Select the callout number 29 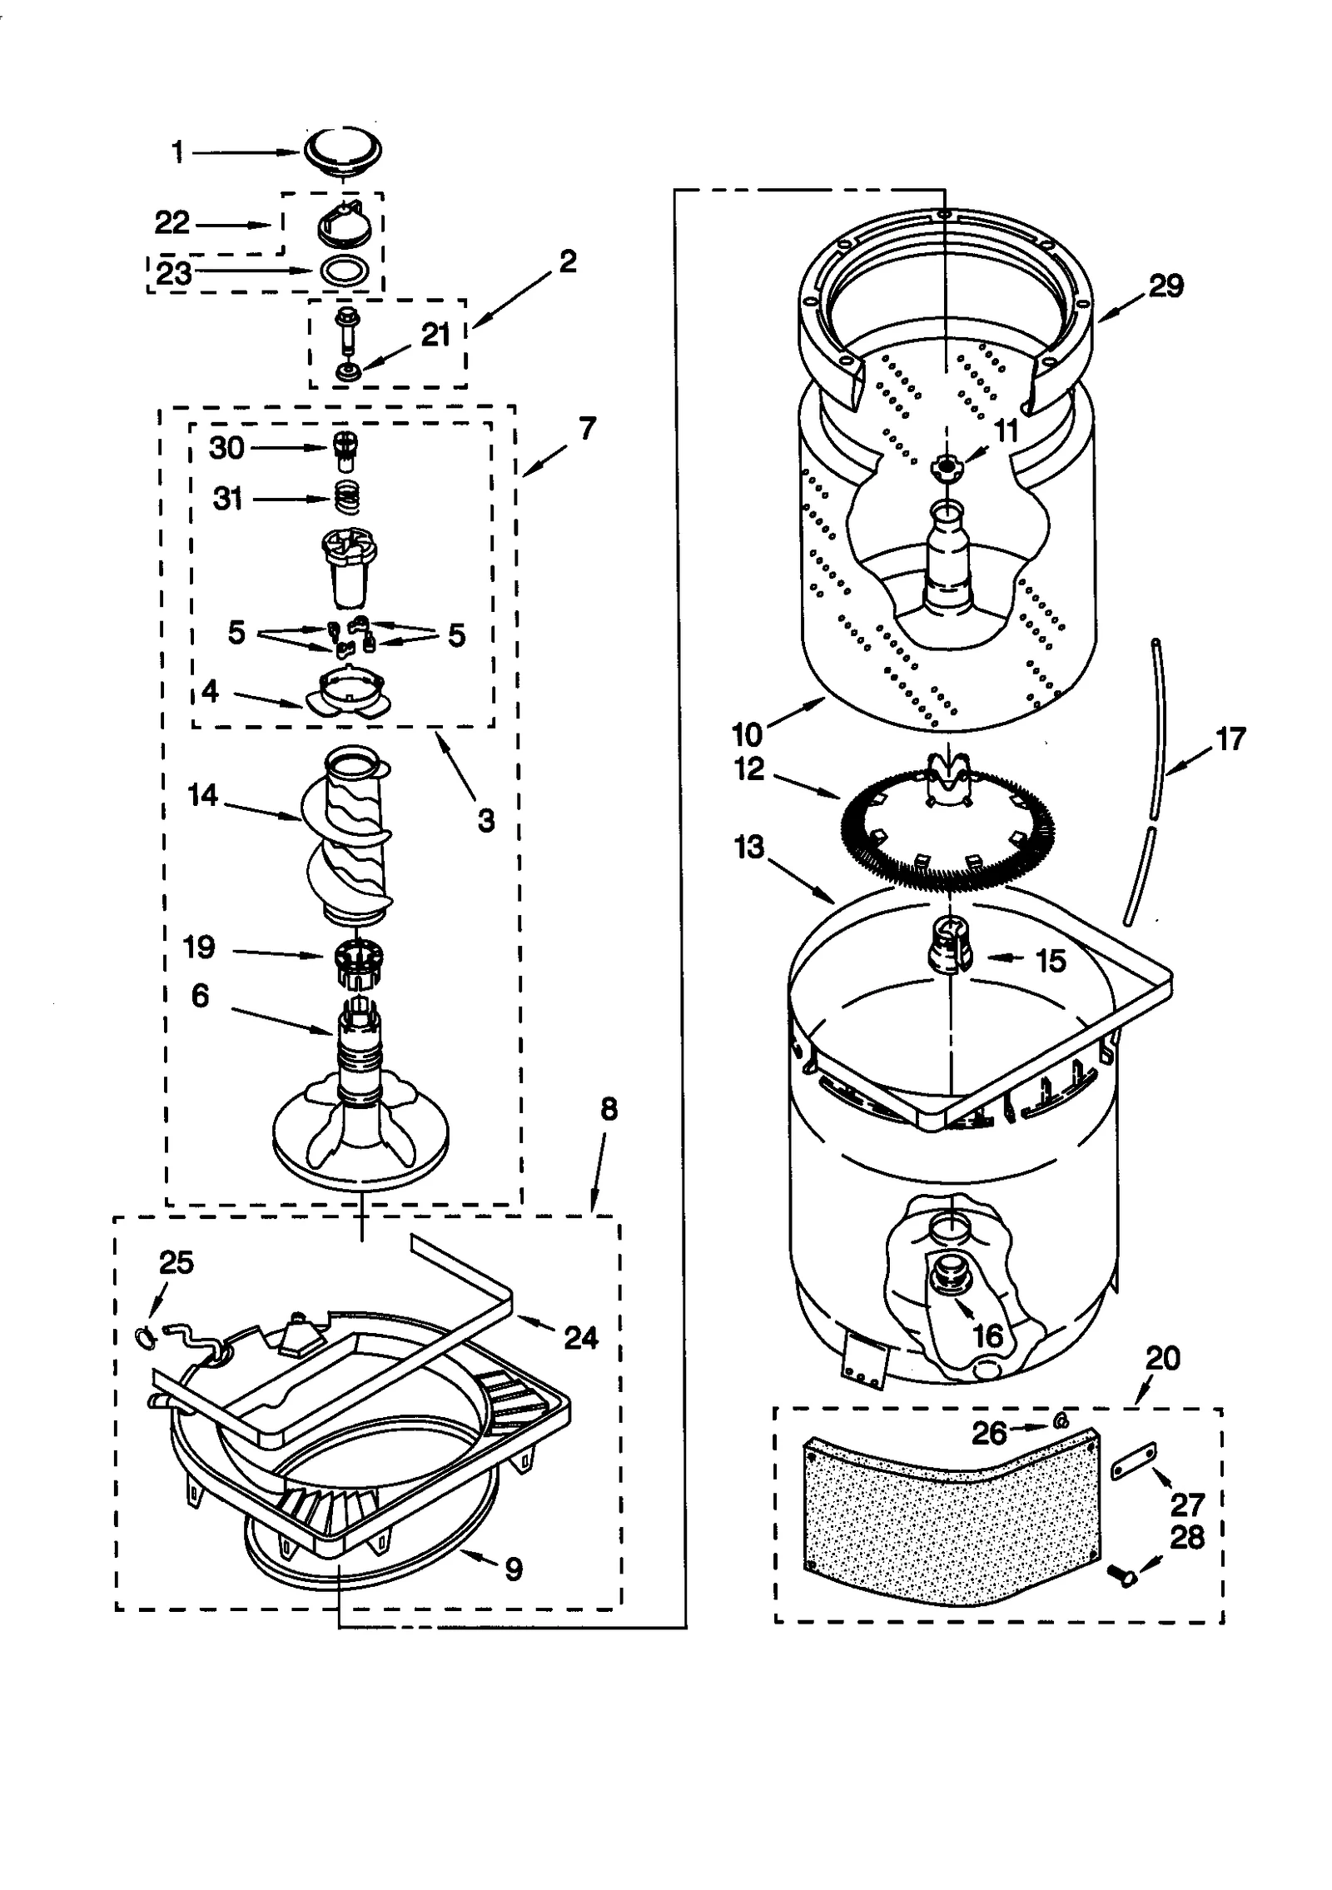click(x=1165, y=286)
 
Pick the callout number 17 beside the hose click(x=1230, y=739)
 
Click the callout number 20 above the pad click(x=1162, y=1359)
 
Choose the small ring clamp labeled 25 click(x=144, y=1335)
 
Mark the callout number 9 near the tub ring click(x=513, y=1569)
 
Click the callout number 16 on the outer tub click(x=987, y=1335)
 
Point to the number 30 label click(x=226, y=448)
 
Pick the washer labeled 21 click(x=346, y=369)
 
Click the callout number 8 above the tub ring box click(x=609, y=1109)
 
